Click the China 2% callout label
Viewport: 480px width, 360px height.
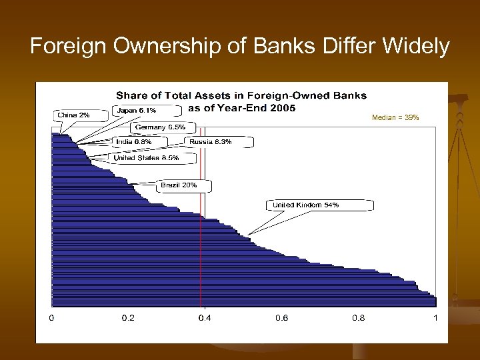(x=74, y=115)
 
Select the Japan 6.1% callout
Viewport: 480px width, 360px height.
(x=137, y=111)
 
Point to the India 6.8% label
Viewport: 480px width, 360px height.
(x=133, y=141)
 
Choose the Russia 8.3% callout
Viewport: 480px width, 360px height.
(x=210, y=141)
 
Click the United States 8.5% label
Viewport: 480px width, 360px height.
(x=145, y=158)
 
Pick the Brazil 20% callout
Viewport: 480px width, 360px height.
(x=179, y=185)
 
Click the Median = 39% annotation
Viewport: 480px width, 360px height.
(x=396, y=117)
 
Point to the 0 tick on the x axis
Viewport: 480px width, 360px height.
(x=52, y=318)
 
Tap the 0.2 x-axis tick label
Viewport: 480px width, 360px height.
(x=128, y=318)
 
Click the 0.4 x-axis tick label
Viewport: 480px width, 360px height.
(x=205, y=318)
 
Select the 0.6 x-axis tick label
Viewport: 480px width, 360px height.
(x=281, y=318)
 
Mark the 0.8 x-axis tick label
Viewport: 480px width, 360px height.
(x=358, y=318)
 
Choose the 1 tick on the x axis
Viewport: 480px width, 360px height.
(x=435, y=318)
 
